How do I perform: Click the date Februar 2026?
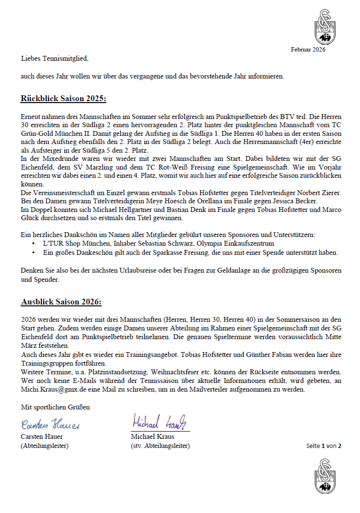308,50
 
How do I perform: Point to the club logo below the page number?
325,475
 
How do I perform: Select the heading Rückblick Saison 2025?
63,99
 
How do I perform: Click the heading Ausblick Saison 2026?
61,302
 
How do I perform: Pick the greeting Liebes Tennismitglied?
55,59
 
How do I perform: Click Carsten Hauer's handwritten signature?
51,424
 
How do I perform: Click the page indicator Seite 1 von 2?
323,446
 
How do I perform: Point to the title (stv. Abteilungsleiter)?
160,446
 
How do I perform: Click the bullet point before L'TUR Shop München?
33,244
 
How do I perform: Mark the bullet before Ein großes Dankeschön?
33,252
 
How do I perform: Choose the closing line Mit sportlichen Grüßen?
55,407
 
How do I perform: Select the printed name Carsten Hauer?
42,437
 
